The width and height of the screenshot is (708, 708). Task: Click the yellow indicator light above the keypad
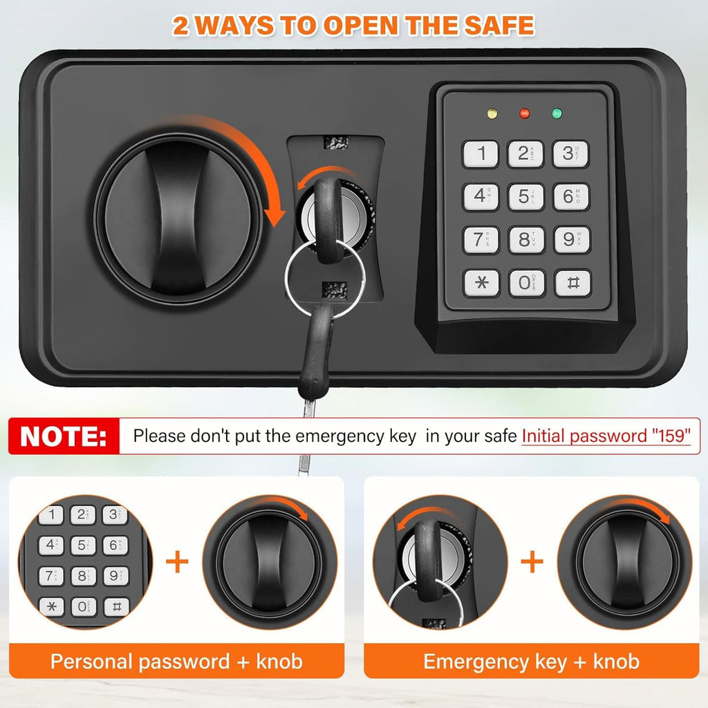coord(492,113)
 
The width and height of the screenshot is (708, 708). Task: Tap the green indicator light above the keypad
coord(557,113)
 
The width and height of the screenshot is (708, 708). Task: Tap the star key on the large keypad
coord(481,283)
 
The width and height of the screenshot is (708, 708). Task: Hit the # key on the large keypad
coord(572,283)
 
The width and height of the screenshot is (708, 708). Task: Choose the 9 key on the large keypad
coord(572,239)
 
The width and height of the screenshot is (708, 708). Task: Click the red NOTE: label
coord(64,436)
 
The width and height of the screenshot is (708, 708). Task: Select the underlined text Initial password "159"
coord(606,436)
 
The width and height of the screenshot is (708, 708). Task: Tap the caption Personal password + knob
coord(176,662)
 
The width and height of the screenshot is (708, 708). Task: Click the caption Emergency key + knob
coord(531,662)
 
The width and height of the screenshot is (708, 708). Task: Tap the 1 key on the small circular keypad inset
coord(50,514)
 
